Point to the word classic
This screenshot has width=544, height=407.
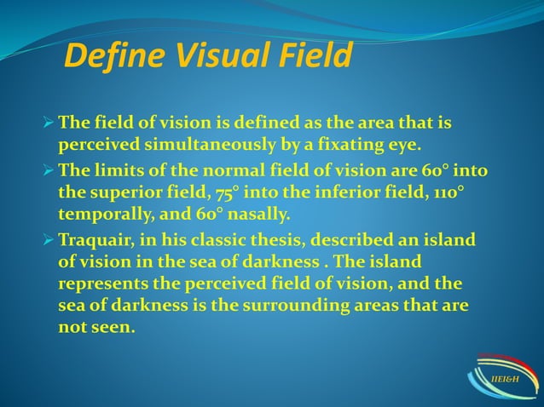click(217, 238)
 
